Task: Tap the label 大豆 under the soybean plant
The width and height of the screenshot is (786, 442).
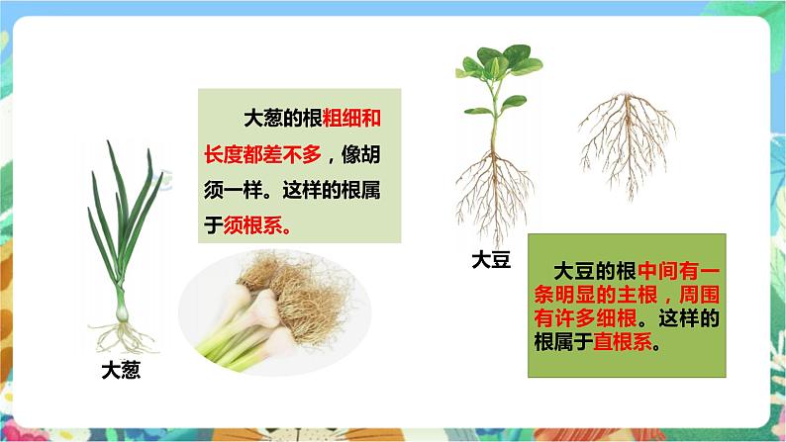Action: pos(492,261)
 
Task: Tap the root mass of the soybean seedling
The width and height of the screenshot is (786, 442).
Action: pos(492,188)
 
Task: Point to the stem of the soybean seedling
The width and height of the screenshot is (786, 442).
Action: pos(492,125)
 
